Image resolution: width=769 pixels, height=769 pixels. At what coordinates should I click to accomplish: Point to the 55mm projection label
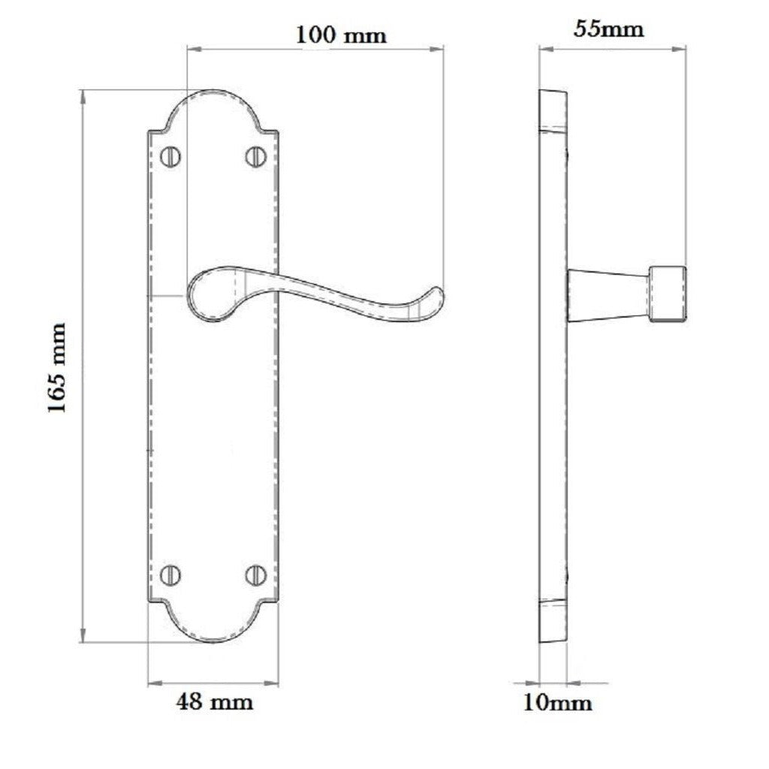coord(608,29)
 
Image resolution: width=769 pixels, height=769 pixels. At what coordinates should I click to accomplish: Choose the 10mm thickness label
coord(558,703)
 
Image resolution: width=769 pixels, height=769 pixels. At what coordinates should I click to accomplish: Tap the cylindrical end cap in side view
coord(668,294)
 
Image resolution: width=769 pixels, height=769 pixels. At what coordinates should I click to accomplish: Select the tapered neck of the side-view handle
coord(608,294)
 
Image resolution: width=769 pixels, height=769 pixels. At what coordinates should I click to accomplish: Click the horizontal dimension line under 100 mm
coord(315,50)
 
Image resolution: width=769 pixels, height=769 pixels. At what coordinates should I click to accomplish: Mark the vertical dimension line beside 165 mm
coord(82,451)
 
